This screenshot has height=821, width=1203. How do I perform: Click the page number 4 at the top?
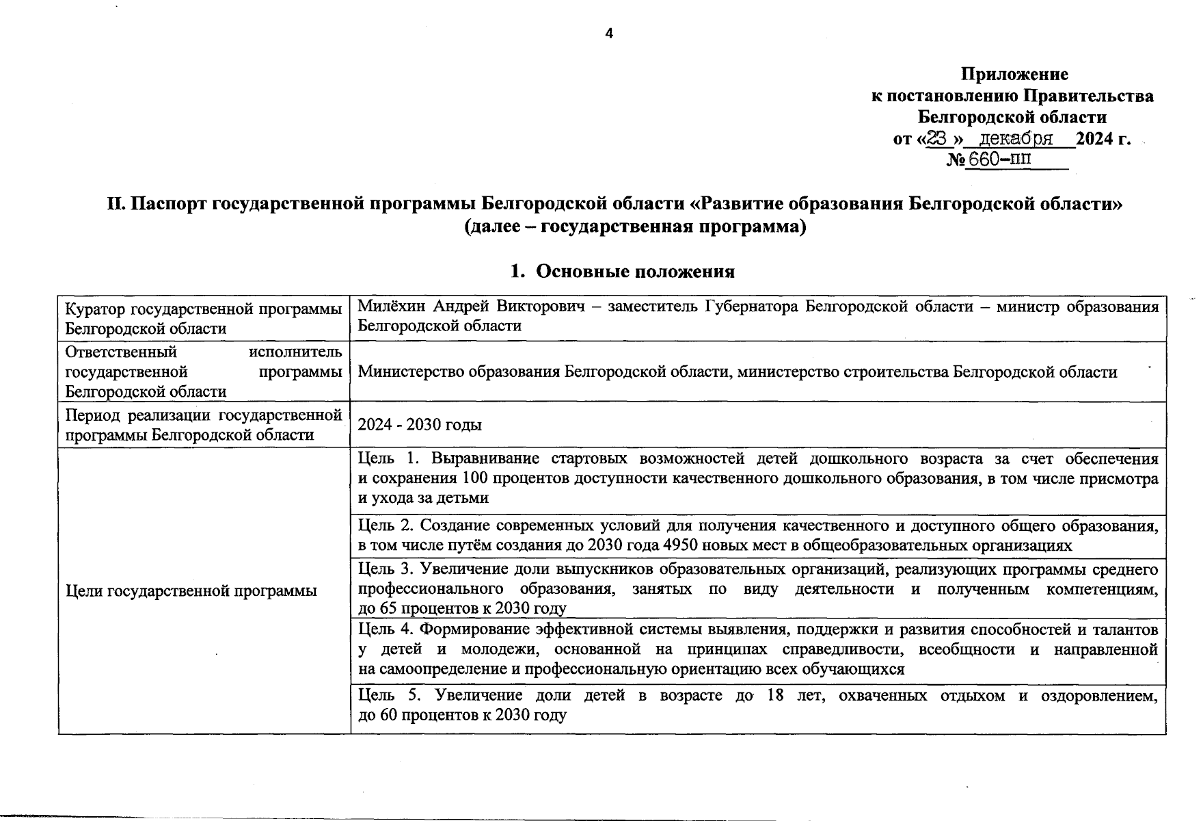(609, 34)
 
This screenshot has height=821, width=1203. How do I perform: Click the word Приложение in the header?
(1014, 74)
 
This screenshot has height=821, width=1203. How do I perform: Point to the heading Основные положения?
(634, 272)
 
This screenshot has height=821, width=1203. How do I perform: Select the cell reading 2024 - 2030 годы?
(420, 425)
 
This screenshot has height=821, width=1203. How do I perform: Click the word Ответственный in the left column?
(120, 352)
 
